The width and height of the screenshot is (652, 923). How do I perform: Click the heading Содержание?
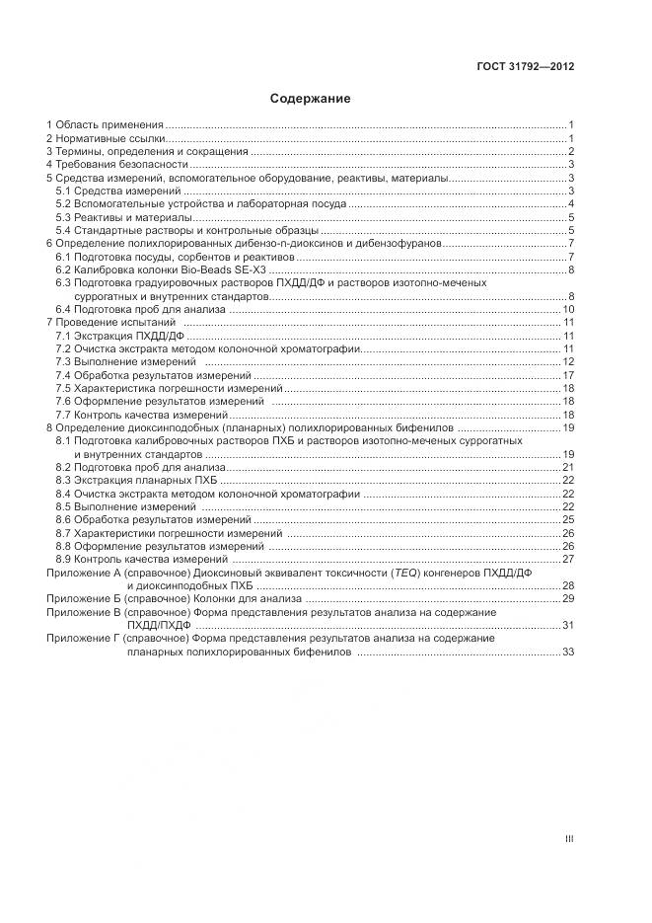[311, 99]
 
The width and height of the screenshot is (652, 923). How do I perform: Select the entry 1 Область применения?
[106, 124]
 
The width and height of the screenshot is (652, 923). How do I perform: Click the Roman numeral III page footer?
[569, 839]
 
